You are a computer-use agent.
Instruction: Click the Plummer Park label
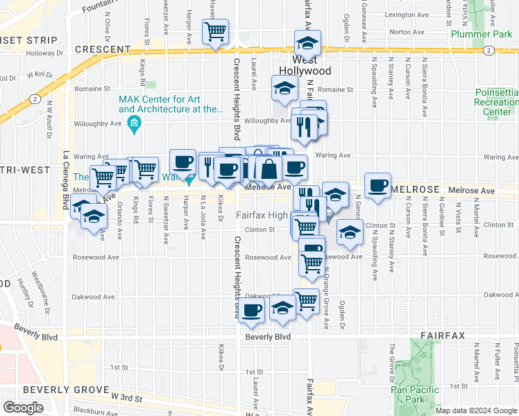[476, 33]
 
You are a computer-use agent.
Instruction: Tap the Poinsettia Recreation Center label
[497, 102]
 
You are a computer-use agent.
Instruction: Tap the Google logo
[23, 408]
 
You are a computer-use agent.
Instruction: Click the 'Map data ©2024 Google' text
[476, 410]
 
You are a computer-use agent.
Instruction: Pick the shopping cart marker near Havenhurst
[216, 31]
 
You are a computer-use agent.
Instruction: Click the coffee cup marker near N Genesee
[378, 186]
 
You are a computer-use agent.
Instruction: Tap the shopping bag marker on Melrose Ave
[268, 168]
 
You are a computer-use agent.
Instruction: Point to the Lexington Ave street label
[405, 14]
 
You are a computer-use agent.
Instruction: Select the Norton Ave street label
[407, 32]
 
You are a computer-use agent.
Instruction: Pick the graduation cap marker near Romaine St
[284, 89]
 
